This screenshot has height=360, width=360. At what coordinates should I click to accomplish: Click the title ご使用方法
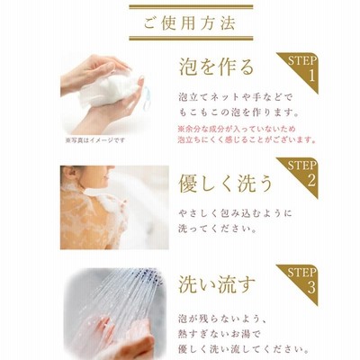click(x=189, y=23)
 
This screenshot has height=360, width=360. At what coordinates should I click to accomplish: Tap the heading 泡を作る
click(x=217, y=67)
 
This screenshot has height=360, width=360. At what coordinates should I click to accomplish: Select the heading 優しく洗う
click(x=225, y=184)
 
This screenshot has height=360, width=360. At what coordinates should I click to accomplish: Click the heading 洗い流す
click(x=217, y=283)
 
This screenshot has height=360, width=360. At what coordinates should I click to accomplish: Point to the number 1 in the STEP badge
click(x=311, y=76)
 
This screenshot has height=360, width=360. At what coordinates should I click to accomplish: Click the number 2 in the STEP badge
click(x=311, y=180)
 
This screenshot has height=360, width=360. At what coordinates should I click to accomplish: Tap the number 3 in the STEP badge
click(x=311, y=287)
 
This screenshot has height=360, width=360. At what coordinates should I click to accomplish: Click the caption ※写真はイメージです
click(x=94, y=140)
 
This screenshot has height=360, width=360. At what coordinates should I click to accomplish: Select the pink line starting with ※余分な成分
click(x=237, y=130)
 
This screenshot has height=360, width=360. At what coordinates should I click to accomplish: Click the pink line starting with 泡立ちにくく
click(x=247, y=140)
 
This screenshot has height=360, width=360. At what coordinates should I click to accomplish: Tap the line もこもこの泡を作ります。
click(x=238, y=112)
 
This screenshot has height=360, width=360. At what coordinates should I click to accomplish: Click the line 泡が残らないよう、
click(x=222, y=318)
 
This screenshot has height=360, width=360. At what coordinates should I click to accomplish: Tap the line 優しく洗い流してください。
click(x=244, y=350)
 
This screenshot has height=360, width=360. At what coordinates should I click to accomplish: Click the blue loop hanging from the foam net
click(x=146, y=98)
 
